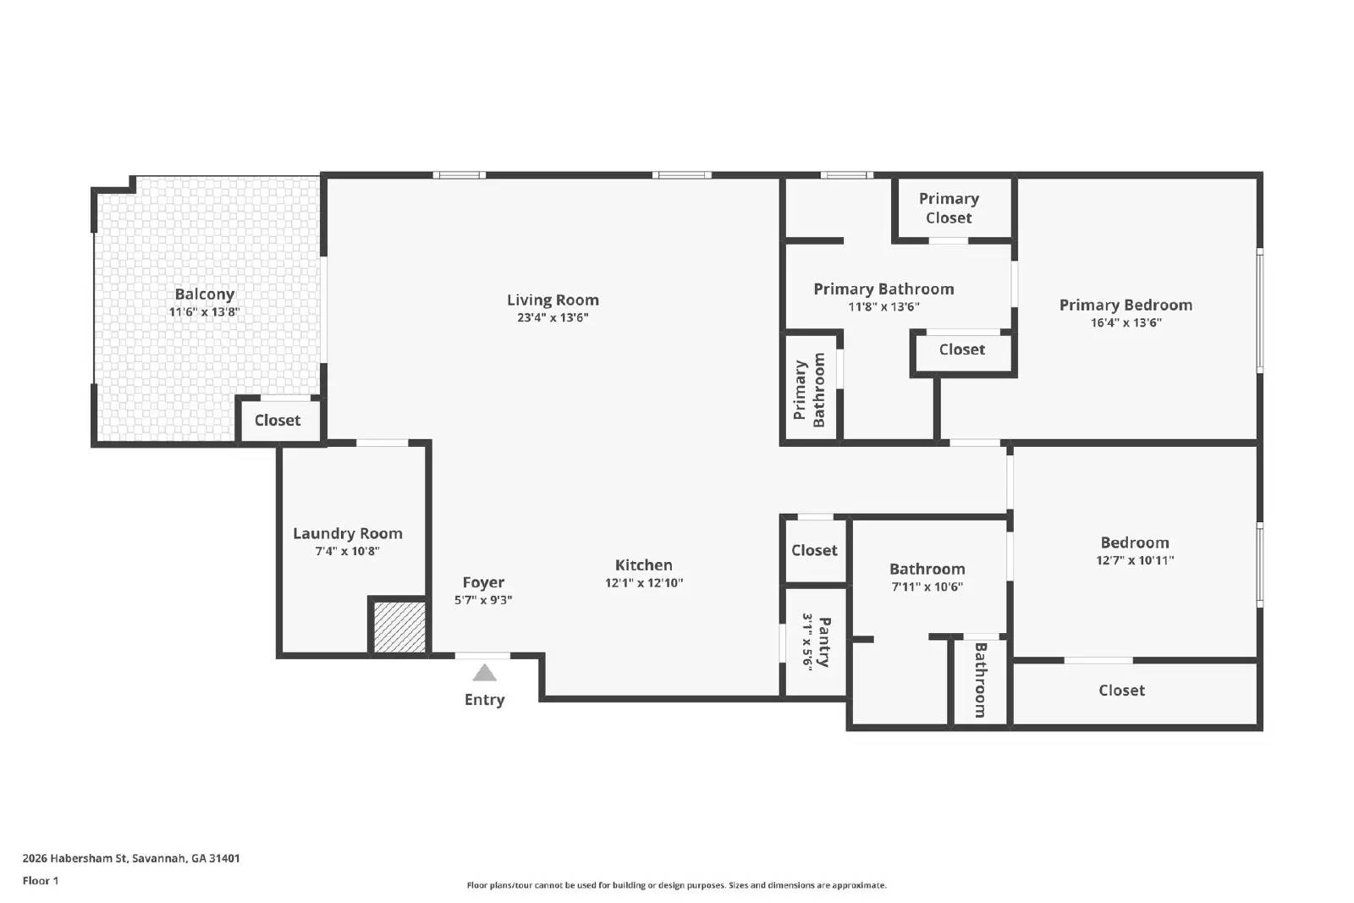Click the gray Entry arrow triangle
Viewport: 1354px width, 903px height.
[484, 674]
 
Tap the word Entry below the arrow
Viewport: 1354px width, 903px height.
[484, 700]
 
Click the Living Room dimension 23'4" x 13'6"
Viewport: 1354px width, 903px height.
[553, 318]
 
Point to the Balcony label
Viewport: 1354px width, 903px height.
[204, 295]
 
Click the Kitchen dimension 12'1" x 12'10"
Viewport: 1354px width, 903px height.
[643, 583]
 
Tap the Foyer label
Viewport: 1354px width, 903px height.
[483, 582]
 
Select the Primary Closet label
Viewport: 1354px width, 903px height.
[949, 208]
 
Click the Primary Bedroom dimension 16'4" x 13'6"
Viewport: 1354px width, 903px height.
[1126, 322]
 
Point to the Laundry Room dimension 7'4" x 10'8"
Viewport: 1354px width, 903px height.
[347, 552]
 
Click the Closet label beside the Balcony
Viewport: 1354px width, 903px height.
[277, 421]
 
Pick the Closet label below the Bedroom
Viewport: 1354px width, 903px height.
[1121, 691]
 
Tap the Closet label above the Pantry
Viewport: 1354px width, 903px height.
[814, 551]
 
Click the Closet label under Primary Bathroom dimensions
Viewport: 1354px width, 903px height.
[961, 350]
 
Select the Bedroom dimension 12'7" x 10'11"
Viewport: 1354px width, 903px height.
[1134, 560]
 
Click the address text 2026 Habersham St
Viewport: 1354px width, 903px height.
[131, 858]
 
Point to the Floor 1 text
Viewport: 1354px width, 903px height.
[41, 881]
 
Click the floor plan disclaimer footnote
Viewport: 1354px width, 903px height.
[676, 885]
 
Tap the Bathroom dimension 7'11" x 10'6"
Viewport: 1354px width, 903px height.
[927, 587]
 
